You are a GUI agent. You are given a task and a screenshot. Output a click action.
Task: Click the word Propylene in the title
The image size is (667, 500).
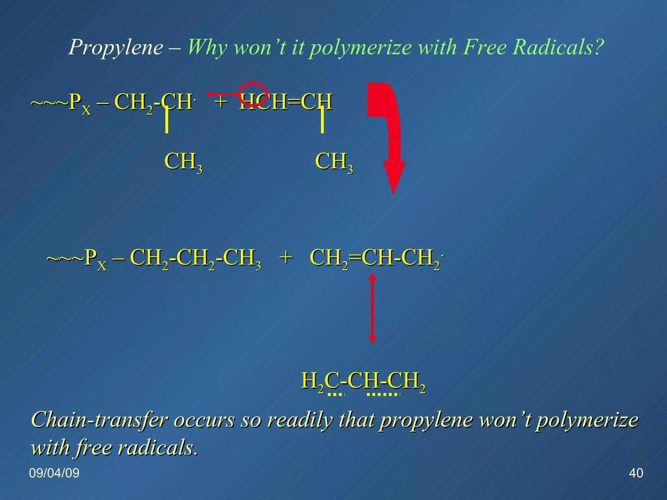pyautogui.click(x=116, y=47)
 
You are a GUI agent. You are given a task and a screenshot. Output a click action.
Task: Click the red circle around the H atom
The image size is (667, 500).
pyautogui.click(x=253, y=94)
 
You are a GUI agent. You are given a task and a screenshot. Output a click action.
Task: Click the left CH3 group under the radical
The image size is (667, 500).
pyautogui.click(x=183, y=162)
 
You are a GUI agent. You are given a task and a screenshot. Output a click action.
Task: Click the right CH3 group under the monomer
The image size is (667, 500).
pyautogui.click(x=334, y=162)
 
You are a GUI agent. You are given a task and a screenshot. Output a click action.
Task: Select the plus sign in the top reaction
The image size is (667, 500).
pyautogui.click(x=221, y=101)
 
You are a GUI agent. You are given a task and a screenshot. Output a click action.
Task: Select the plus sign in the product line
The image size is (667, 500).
pyautogui.click(x=286, y=257)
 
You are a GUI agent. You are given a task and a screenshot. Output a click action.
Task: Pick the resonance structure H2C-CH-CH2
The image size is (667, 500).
pyautogui.click(x=363, y=381)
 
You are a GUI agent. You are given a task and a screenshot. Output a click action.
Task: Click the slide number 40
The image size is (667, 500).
pyautogui.click(x=636, y=473)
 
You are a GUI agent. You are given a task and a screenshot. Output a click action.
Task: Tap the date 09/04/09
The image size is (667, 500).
pyautogui.click(x=54, y=473)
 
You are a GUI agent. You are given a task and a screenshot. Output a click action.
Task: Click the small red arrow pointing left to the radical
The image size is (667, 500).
pyautogui.click(x=223, y=94)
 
